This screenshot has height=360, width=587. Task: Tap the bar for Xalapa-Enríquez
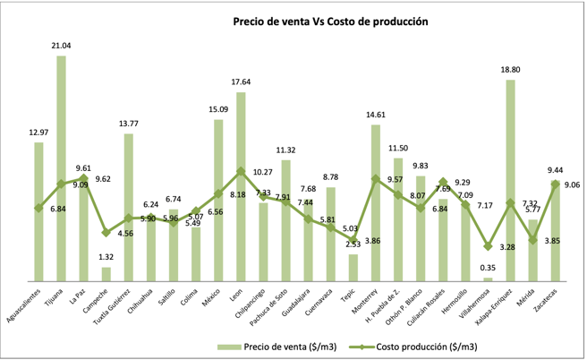[x=510, y=179]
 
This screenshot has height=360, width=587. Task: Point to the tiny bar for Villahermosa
[x=488, y=279]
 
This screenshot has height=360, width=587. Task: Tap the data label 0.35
[x=488, y=268]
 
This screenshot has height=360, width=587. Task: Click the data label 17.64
[x=241, y=81]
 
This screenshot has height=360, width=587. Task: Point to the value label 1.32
[x=106, y=256]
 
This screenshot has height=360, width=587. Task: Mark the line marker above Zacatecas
[x=555, y=184]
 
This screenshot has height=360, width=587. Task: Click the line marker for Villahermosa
[x=488, y=246]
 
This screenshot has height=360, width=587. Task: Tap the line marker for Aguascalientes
[x=38, y=208]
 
